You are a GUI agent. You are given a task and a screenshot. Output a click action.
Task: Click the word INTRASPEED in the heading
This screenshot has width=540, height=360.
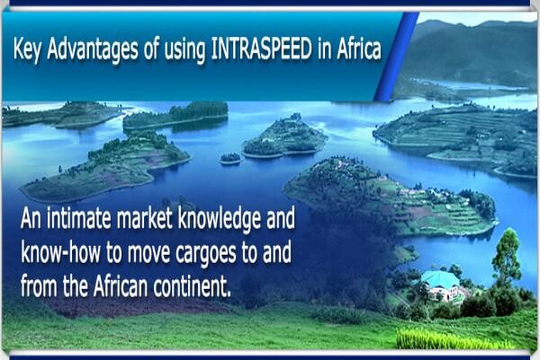261,49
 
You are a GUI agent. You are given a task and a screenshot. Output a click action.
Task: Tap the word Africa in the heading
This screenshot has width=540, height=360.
359,49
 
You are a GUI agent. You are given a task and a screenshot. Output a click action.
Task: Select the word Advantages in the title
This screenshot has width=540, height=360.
93,50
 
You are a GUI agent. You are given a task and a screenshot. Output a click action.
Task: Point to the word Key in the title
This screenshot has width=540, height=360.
27,50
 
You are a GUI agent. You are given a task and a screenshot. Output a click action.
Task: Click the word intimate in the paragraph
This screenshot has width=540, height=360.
79,218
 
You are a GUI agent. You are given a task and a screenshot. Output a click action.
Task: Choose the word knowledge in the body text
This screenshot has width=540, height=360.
220,220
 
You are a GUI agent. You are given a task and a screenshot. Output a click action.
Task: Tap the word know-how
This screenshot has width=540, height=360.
60,252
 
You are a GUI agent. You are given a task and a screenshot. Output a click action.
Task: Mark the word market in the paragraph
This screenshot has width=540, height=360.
144,218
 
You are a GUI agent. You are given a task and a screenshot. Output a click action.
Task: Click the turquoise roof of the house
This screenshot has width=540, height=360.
440,279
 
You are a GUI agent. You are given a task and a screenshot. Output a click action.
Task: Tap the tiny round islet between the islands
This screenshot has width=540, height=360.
230,158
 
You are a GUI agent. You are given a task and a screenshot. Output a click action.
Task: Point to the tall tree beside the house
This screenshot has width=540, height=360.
506,256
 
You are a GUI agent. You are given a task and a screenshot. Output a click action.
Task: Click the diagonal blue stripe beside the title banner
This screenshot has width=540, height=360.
396,57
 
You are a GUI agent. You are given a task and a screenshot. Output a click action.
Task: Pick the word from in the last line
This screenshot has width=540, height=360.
39,286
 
